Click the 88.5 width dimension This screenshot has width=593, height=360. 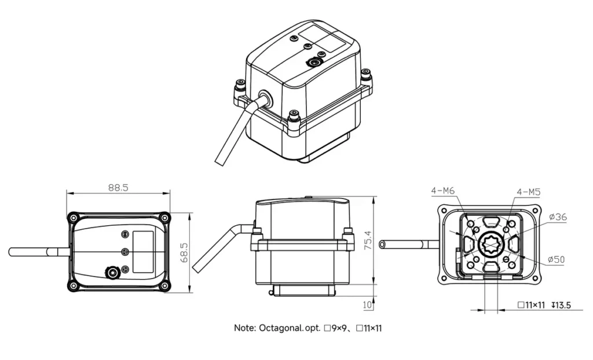click(118, 188)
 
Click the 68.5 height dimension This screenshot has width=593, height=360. click(185, 252)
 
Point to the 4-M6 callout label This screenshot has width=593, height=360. click(442, 190)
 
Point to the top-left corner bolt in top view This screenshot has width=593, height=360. click(72, 218)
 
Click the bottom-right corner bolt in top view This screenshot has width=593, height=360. click(164, 286)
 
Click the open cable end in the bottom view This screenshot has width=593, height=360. click(382, 245)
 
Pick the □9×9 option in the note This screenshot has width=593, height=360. click(335, 328)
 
